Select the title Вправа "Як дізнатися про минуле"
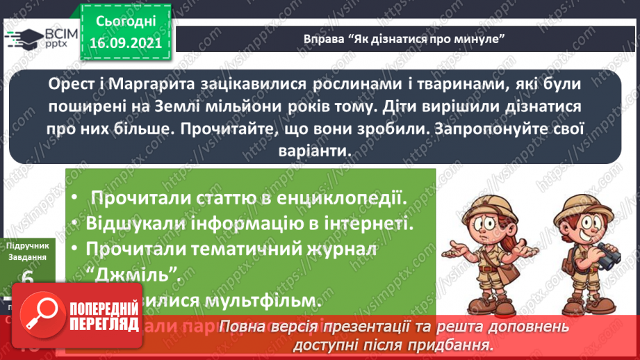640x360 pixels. (403, 37)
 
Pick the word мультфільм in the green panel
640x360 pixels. (271, 301)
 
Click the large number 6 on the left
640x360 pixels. (28, 280)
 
